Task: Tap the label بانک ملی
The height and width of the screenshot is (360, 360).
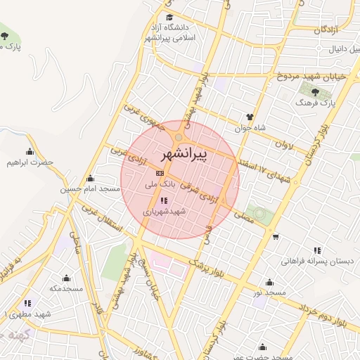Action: [x=157, y=185]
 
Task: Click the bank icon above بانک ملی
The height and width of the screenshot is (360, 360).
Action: [x=160, y=173]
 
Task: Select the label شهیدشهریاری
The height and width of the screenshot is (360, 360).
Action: [x=164, y=211]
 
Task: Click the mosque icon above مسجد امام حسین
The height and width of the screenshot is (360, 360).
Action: [x=90, y=178]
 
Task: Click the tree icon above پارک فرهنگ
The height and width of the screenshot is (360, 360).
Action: [x=314, y=91]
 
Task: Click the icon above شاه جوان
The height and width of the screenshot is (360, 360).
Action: [x=250, y=117]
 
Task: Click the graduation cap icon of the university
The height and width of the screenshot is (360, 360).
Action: [x=169, y=18]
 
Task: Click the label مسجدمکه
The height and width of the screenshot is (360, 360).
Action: [x=66, y=288]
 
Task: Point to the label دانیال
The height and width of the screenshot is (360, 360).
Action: [x=336, y=51]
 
